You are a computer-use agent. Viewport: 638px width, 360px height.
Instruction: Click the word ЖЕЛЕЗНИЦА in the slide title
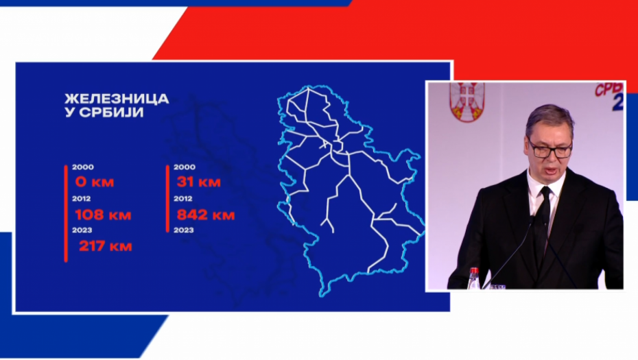pyautogui.click(x=117, y=99)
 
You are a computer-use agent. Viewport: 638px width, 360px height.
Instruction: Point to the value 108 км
pyautogui.click(x=102, y=214)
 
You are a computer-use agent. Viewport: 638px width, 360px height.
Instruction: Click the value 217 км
pyautogui.click(x=105, y=245)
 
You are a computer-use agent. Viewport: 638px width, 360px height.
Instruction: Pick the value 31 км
pyautogui.click(x=198, y=182)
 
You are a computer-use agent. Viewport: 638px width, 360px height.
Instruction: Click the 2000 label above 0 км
pyautogui.click(x=82, y=167)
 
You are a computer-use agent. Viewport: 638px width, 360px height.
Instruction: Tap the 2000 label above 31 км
pyautogui.click(x=185, y=167)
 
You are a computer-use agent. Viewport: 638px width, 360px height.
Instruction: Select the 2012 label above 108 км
pyautogui.click(x=82, y=199)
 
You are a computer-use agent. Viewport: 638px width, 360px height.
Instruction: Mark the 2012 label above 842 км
pyautogui.click(x=185, y=199)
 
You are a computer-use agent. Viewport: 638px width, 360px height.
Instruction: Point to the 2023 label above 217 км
pyautogui.click(x=82, y=230)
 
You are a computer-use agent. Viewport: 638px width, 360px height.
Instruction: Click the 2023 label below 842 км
pyautogui.click(x=185, y=230)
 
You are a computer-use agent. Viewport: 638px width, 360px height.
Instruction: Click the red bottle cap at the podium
pyautogui.click(x=473, y=272)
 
